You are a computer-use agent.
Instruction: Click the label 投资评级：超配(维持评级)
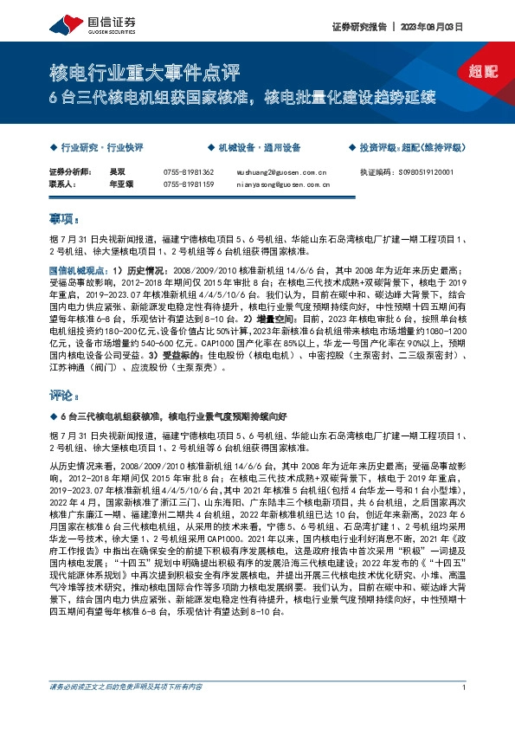(x=410, y=148)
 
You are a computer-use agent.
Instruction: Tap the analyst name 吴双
(x=115, y=172)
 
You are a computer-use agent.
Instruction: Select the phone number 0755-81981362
(x=188, y=172)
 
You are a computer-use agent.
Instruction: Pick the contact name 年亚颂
(x=119, y=184)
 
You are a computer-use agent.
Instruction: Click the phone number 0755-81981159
(x=188, y=184)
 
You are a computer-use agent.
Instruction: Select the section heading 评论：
(x=65, y=395)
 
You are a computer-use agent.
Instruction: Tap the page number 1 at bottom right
(x=465, y=711)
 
